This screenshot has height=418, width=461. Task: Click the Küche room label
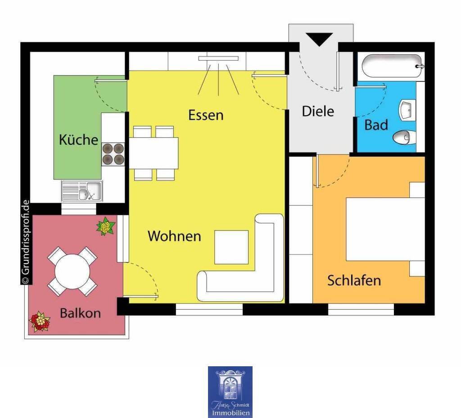coord(78,139)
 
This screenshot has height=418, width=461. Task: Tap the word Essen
coord(206,115)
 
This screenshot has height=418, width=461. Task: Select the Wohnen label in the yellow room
coord(174,236)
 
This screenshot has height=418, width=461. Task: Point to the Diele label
coord(318,111)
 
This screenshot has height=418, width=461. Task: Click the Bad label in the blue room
coord(376,125)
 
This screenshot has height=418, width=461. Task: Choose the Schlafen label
coord(354,280)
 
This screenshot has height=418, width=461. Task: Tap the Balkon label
coord(80,313)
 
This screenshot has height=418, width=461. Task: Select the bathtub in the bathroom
coord(393,66)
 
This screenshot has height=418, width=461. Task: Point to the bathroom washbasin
coord(407,110)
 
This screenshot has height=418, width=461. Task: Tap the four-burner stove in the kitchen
coord(113,154)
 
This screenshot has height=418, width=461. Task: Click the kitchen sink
coord(82,191)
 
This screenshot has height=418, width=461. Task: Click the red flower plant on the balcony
coord(40,322)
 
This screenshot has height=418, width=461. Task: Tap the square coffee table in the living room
coord(231,247)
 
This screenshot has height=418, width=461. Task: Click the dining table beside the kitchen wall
coord(154,153)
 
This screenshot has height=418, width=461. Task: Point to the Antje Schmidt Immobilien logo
coord(230,392)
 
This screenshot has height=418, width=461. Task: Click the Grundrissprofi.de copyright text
coord(26,243)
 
